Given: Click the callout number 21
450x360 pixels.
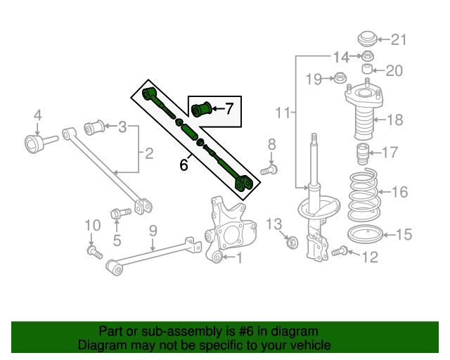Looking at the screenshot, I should tap(399, 39).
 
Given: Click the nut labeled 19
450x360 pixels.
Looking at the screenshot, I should tap(338, 78).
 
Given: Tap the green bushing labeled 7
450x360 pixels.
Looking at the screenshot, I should tap(204, 110).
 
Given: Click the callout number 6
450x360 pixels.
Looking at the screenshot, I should tap(184, 166).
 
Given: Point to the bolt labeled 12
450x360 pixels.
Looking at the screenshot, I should tap(341, 250).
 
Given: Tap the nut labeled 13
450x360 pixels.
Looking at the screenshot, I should tap(293, 243).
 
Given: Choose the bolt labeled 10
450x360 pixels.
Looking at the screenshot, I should tap(93, 250).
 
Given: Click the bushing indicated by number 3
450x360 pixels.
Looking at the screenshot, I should tap(94, 128).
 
